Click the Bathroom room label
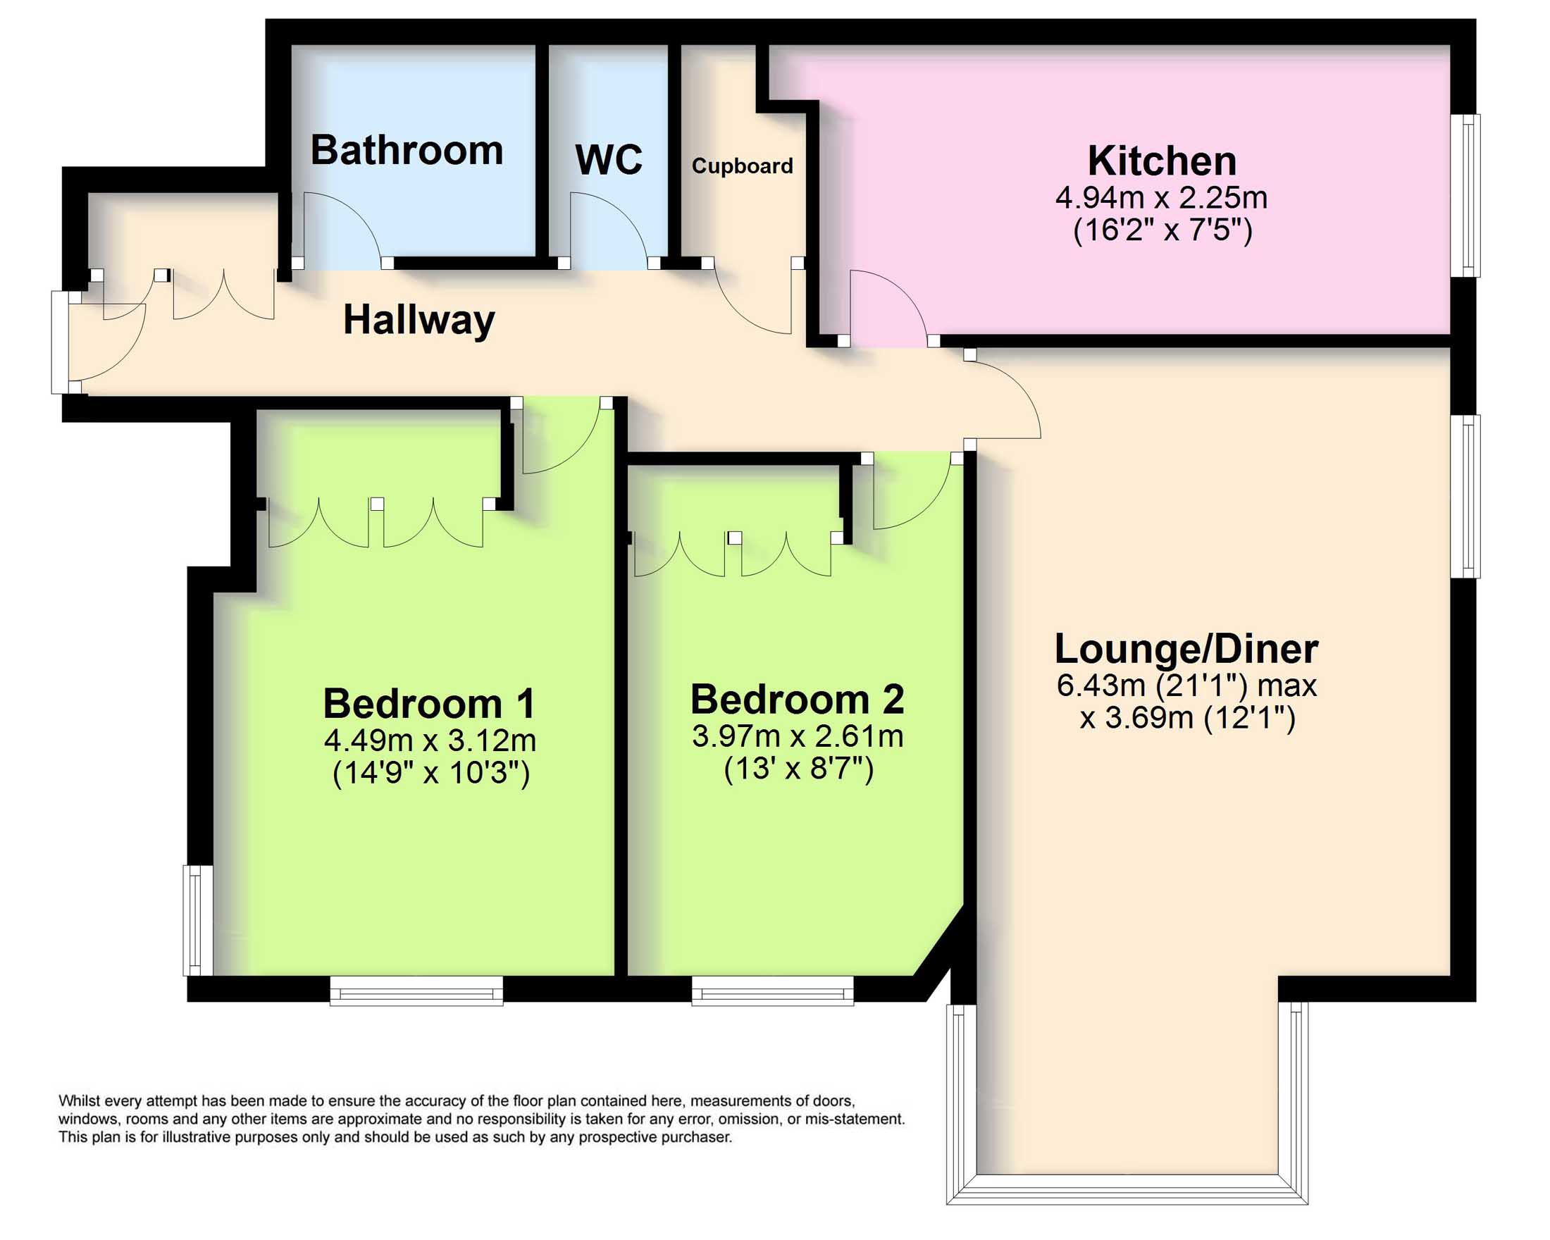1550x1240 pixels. [x=407, y=150]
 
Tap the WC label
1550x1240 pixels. [x=608, y=160]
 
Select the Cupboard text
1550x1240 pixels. [x=742, y=166]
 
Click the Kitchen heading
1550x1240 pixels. [x=1162, y=161]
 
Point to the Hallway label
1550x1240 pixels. [x=418, y=320]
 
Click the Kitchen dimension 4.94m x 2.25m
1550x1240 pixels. [x=1161, y=198]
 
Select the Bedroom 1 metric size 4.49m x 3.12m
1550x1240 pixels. [x=430, y=740]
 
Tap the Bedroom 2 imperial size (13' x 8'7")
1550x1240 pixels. [x=798, y=769]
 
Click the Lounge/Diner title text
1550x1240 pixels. [x=1186, y=649]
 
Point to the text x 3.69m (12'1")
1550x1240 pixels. [x=1187, y=717]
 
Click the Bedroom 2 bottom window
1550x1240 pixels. [x=772, y=991]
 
